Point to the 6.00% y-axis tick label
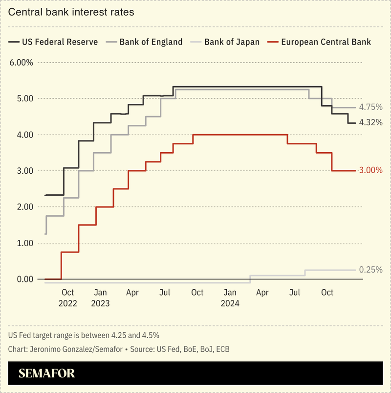21,63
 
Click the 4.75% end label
370,107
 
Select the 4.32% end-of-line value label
370,122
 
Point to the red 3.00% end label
370,171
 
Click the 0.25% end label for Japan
370,270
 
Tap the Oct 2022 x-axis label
68,298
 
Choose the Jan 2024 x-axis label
230,298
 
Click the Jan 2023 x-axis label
100,298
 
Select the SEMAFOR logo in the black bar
47,374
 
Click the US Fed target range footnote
84,335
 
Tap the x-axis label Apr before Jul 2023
132,293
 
